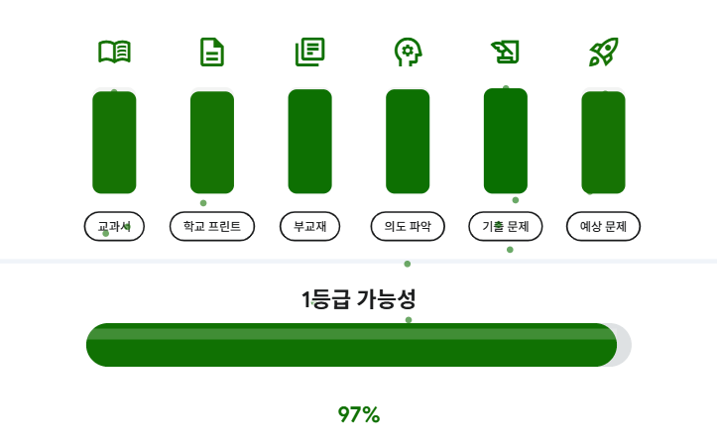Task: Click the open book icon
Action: (114, 52)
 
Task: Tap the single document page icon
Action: (211, 52)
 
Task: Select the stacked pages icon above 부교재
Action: (309, 52)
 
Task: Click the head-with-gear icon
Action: (407, 52)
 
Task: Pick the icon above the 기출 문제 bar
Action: (505, 52)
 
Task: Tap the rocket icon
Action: (603, 52)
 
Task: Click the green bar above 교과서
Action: (114, 141)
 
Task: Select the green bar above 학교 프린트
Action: (211, 141)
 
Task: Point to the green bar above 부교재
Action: (309, 141)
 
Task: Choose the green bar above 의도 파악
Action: (408, 141)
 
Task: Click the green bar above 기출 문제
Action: (505, 141)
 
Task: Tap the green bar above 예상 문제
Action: (603, 141)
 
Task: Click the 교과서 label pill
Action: (114, 226)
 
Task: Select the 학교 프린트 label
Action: (211, 226)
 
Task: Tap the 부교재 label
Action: (309, 226)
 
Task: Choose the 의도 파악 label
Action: (408, 226)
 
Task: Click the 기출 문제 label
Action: (505, 226)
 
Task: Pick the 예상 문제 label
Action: (603, 226)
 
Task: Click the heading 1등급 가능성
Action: (358, 298)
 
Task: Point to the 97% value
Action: (358, 414)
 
